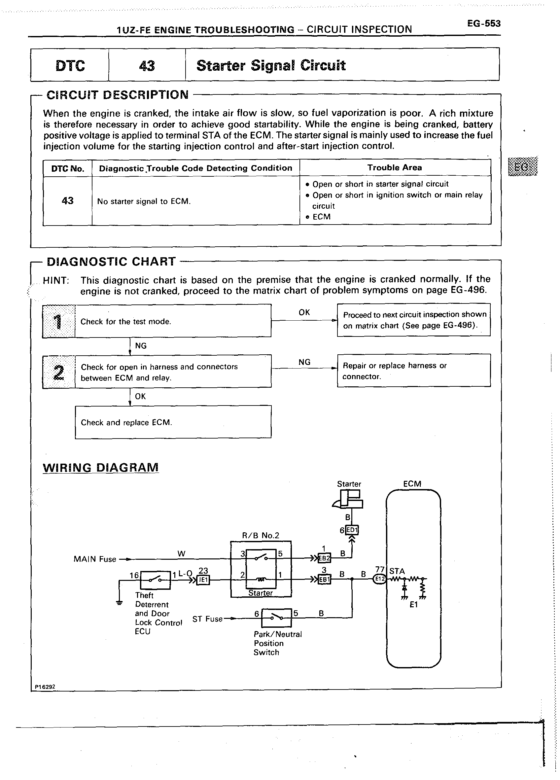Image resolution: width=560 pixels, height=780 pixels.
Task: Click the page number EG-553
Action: click(x=483, y=24)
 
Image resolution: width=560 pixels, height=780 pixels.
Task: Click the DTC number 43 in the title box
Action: click(x=147, y=66)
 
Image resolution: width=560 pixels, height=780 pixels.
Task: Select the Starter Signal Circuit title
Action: click(x=271, y=65)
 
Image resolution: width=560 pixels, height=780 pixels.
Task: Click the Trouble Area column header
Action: click(x=394, y=167)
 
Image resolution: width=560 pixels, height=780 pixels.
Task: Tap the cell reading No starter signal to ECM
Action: click(x=144, y=201)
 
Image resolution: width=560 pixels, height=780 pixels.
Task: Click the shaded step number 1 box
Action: click(x=59, y=321)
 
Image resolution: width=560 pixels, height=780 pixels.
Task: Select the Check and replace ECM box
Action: click(x=173, y=422)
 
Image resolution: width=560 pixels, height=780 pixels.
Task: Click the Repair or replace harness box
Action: click(x=413, y=371)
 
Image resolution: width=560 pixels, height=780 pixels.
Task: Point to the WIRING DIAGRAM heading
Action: click(x=100, y=468)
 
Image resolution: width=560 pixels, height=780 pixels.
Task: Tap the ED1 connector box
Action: click(x=352, y=530)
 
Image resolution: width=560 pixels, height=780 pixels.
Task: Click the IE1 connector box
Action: click(x=203, y=580)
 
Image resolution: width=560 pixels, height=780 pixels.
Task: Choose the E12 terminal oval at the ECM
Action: click(x=379, y=579)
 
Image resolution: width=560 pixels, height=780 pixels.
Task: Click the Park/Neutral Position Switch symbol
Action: click(x=276, y=618)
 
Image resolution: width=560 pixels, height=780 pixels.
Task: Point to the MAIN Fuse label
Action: click(x=94, y=559)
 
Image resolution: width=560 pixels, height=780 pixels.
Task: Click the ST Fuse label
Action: click(x=207, y=619)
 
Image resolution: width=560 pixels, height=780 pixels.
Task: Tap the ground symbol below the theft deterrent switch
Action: click(x=119, y=603)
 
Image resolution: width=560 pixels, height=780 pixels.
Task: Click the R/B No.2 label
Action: click(x=261, y=535)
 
